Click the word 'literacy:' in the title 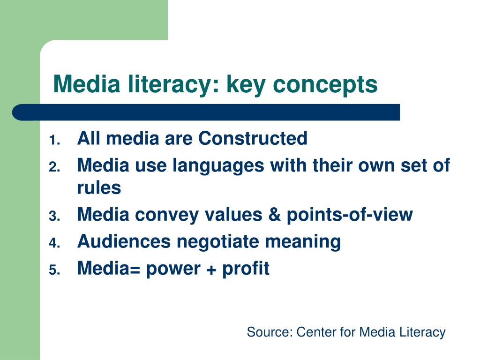click(173, 84)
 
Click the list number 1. click(54, 141)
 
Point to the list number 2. click(54, 167)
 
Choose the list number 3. click(54, 217)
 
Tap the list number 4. click(54, 243)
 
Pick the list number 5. click(54, 270)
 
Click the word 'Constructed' click(253, 138)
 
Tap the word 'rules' click(99, 187)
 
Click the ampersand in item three click(275, 214)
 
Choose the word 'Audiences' click(124, 241)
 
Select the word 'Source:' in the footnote click(270, 332)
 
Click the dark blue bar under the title click(206, 112)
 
